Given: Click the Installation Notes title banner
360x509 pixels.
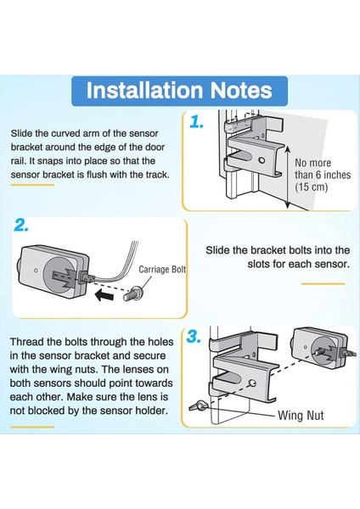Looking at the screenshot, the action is tap(179, 91).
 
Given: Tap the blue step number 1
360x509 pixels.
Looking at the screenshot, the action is tap(197, 122).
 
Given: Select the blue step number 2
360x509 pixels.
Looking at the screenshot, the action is tap(21, 226).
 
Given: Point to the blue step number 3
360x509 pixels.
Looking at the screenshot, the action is tap(194, 337).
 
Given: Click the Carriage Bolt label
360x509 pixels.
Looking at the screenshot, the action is tap(162, 270).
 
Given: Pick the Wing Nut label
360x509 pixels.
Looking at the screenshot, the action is tap(301, 416).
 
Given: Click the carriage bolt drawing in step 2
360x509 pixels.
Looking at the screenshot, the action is tap(132, 294).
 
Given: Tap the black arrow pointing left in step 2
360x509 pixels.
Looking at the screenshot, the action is tap(104, 296).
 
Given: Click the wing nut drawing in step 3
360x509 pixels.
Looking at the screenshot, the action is tap(197, 406).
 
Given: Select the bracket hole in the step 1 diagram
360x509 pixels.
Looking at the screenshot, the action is tap(262, 160).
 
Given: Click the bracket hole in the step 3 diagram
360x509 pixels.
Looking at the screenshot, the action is tap(252, 383).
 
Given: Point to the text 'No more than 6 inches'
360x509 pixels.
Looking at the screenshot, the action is tap(323, 169).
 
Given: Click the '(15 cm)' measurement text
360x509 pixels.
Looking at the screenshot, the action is tap(312, 187).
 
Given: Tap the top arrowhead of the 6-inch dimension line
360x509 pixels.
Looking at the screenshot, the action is tap(287, 148).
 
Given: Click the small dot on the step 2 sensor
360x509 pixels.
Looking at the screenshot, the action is tap(36, 271).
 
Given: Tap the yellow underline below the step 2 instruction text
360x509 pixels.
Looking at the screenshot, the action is tap(323, 283).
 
